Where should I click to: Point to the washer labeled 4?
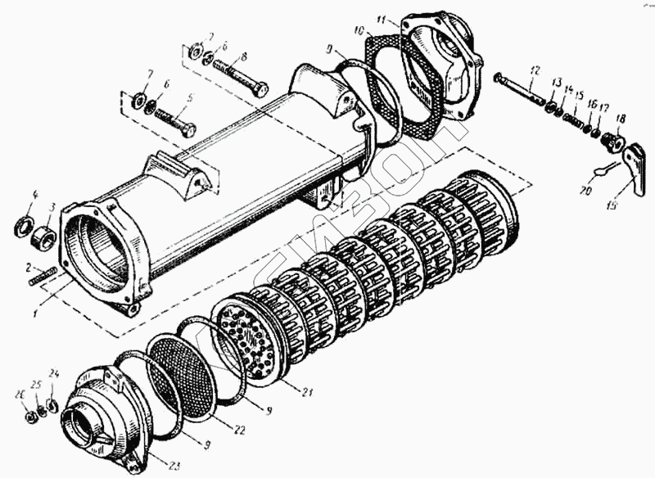pos(23,223)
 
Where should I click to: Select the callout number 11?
pos(382,18)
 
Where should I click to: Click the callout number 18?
pos(621,119)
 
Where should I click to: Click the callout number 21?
pos(307,392)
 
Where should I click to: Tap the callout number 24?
pos(54,375)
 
